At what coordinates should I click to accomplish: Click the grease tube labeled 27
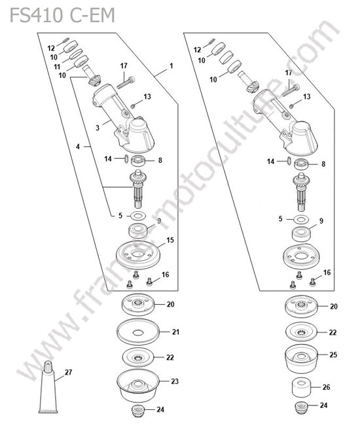point(48,387)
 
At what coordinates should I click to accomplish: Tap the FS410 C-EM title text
point(62,15)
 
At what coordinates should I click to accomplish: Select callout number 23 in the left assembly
point(175,381)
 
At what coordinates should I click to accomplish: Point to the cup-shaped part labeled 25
point(301,359)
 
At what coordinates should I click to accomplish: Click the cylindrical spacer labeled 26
point(300,388)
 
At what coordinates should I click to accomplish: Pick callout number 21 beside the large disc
point(175,331)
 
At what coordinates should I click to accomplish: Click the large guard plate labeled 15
point(138,255)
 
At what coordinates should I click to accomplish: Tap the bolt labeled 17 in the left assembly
point(126,82)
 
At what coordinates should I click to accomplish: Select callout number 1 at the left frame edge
point(171,66)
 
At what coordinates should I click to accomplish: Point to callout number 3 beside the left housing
point(98,127)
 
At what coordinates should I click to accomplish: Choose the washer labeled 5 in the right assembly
point(301,219)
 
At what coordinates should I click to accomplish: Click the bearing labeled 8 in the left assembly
point(138,161)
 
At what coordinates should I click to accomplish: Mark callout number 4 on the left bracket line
point(78,146)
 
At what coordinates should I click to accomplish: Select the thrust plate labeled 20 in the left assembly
point(138,305)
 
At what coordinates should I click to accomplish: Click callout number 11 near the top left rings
point(57,67)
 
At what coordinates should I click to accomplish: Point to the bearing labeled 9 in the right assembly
point(301,234)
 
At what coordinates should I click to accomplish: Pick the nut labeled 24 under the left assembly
point(137,411)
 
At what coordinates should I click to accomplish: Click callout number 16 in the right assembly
point(327,273)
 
